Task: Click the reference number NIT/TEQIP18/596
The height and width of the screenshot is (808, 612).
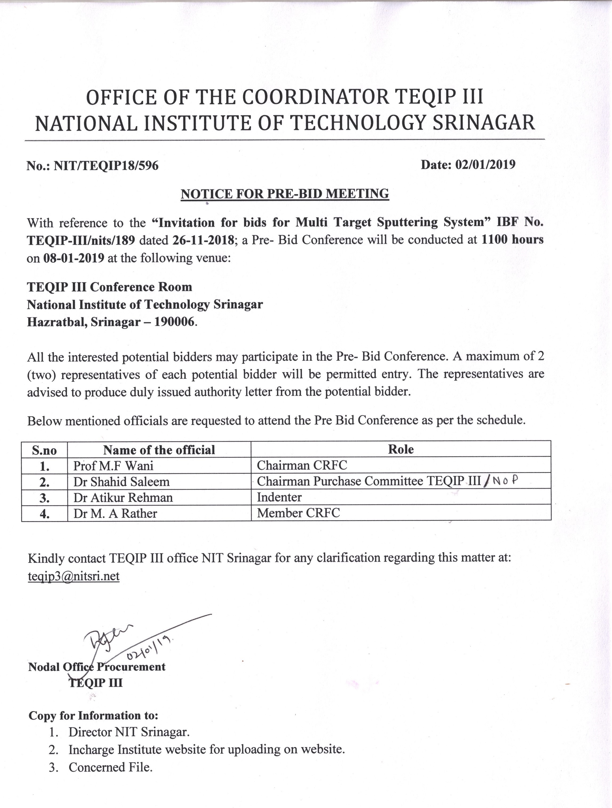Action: click(x=106, y=166)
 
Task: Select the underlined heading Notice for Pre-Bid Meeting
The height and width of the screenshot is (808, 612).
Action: click(x=285, y=194)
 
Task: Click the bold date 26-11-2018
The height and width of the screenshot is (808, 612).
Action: click(x=205, y=240)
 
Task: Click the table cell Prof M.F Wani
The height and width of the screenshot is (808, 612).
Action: click(x=113, y=465)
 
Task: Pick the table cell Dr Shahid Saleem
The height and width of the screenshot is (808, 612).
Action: click(x=121, y=482)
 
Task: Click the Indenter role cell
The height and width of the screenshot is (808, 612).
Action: click(x=279, y=497)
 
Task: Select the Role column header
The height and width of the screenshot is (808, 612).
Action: click(x=401, y=449)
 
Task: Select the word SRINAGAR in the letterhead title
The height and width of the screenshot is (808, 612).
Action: click(x=484, y=123)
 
